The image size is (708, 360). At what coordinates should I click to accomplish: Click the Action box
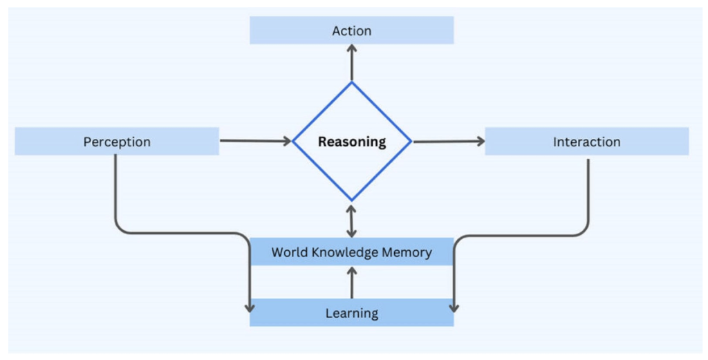(x=351, y=30)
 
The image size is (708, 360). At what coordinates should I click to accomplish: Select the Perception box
(x=117, y=142)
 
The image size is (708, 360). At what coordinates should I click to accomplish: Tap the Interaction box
(x=586, y=142)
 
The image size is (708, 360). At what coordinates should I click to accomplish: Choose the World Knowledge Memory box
(x=351, y=252)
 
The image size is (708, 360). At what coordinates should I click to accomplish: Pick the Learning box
(x=351, y=313)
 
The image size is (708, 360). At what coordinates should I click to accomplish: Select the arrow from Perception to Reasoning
(x=256, y=142)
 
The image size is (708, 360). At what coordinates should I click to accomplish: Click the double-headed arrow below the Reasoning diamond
(x=352, y=220)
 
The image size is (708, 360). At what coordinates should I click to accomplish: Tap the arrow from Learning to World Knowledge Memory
(x=352, y=283)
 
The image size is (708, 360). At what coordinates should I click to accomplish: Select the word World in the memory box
(x=287, y=252)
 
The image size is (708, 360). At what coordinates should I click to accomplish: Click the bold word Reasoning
(x=352, y=142)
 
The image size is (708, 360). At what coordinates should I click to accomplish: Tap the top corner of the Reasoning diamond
(x=352, y=83)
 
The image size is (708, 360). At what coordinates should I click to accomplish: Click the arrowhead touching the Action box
(x=352, y=49)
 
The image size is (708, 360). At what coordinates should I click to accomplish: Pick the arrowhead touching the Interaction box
(x=480, y=142)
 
